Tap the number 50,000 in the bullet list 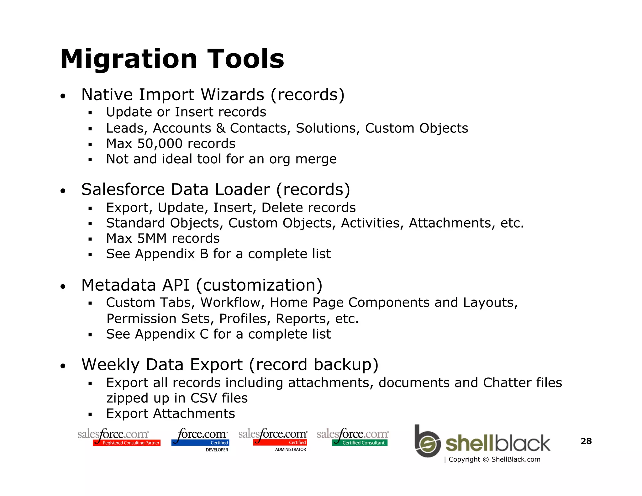(160, 144)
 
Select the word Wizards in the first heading (232, 95)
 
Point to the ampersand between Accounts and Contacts (221, 128)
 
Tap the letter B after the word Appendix (204, 254)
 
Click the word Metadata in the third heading (118, 285)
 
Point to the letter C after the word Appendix (204, 334)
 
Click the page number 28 (586, 441)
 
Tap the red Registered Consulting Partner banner (127, 443)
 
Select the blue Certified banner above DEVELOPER (200, 443)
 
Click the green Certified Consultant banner (360, 443)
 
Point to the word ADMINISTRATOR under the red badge (290, 450)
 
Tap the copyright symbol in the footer (486, 460)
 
